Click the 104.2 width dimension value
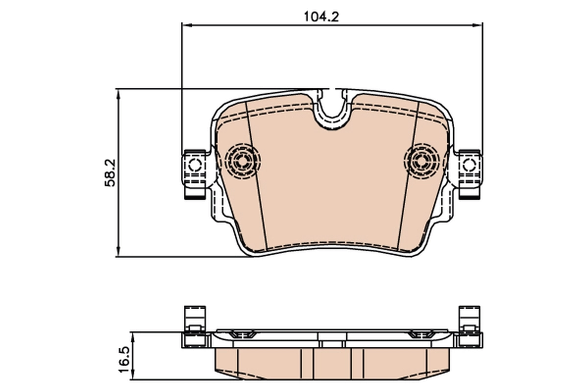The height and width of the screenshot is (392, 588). point(321,16)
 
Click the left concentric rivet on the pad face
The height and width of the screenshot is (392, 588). point(243,159)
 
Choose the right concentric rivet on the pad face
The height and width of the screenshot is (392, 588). point(421,159)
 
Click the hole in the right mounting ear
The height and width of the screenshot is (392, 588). point(469,165)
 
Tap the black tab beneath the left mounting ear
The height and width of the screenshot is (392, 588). point(194,196)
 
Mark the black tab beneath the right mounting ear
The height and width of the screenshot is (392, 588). point(470,196)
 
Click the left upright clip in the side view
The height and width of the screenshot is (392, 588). point(194,318)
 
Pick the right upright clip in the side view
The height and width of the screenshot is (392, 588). point(469,318)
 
